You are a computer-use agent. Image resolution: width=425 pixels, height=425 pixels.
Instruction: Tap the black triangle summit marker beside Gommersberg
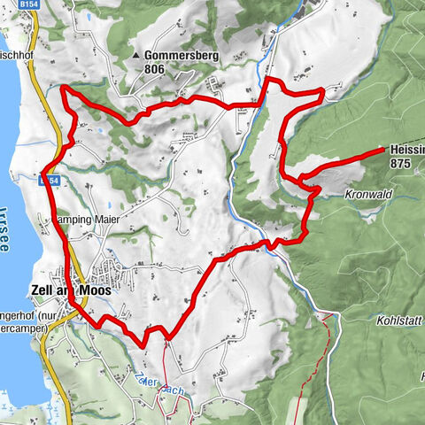(135, 56)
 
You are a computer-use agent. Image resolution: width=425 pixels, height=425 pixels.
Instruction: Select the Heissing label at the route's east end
(406, 151)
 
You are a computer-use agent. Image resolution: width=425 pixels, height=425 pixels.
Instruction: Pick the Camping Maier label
(88, 216)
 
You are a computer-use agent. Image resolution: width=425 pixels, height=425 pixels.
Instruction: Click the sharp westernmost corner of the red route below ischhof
(62, 88)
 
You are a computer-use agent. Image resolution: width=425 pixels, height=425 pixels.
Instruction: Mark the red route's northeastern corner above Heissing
(322, 91)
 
